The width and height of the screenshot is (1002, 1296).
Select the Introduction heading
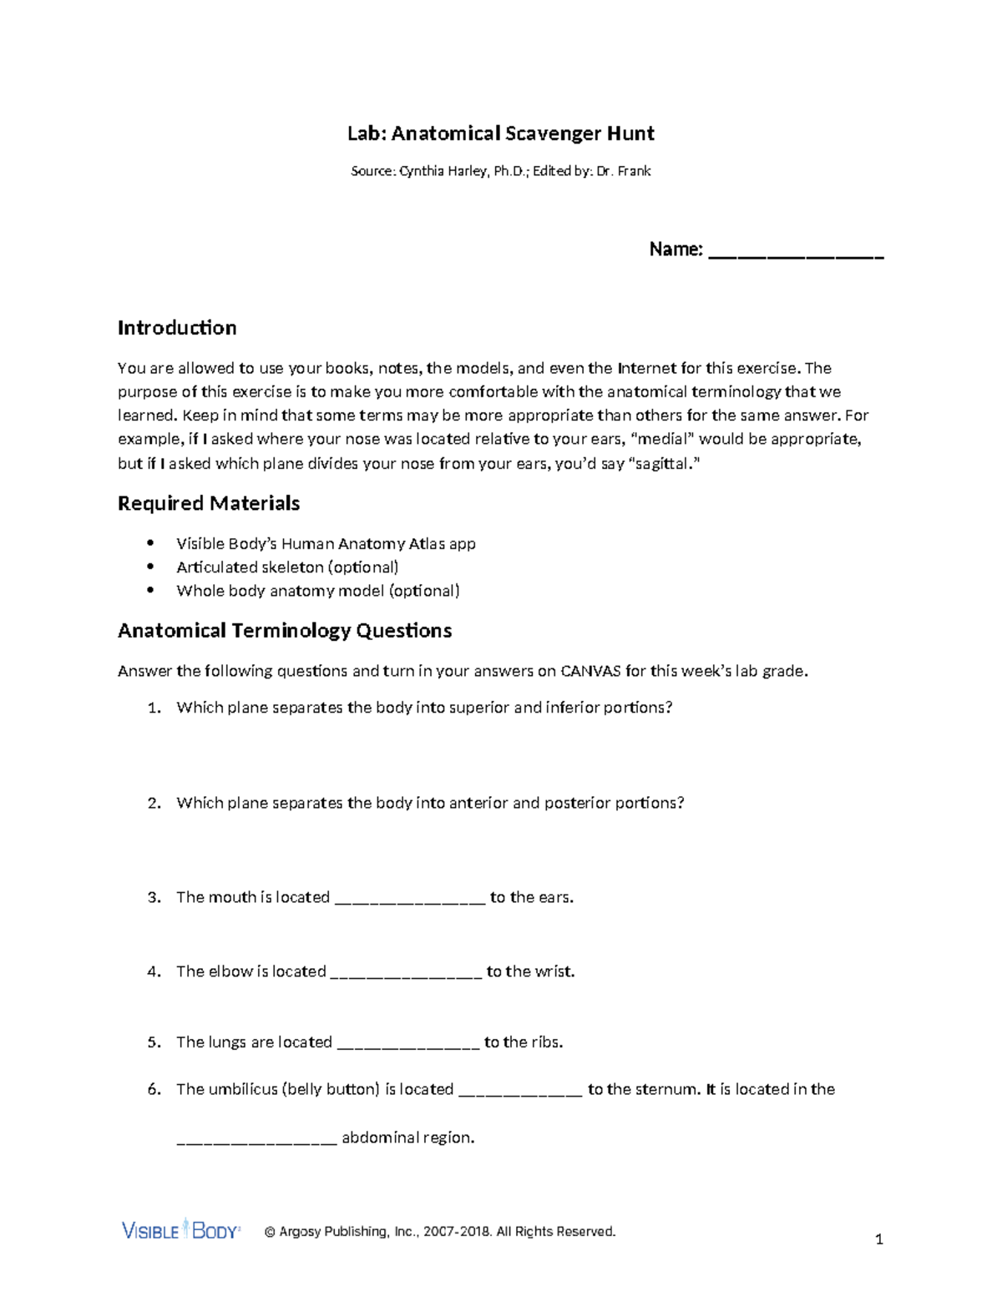pos(177,328)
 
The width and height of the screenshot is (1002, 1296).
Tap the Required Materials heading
pos(209,503)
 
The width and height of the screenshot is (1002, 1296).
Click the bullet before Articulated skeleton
pos(150,567)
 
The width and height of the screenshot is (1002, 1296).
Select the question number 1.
pos(154,708)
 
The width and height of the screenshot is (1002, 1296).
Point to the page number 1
pos(878,1240)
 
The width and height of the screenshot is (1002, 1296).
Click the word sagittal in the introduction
pos(663,463)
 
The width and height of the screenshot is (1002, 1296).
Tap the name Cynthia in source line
pos(423,171)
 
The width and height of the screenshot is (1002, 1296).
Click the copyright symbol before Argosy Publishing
pos(270,1232)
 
